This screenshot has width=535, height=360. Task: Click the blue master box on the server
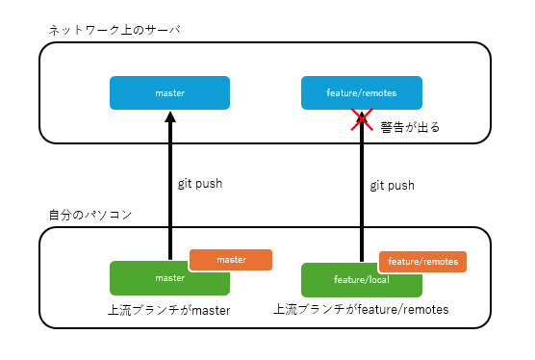pyautogui.click(x=169, y=93)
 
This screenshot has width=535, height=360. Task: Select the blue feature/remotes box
pyautogui.click(x=362, y=93)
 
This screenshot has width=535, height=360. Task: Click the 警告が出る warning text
pyautogui.click(x=410, y=127)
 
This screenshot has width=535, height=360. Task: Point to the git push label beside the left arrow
pyautogui.click(x=200, y=183)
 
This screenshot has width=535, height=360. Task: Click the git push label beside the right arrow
pyautogui.click(x=393, y=185)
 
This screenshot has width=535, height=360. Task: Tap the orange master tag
pyautogui.click(x=231, y=260)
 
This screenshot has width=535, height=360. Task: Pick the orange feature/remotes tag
pyautogui.click(x=423, y=261)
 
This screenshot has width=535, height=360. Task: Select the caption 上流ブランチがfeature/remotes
pyautogui.click(x=362, y=310)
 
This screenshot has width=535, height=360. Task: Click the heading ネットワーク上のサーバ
pyautogui.click(x=115, y=31)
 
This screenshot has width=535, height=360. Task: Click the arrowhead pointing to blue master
pyautogui.click(x=169, y=117)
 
